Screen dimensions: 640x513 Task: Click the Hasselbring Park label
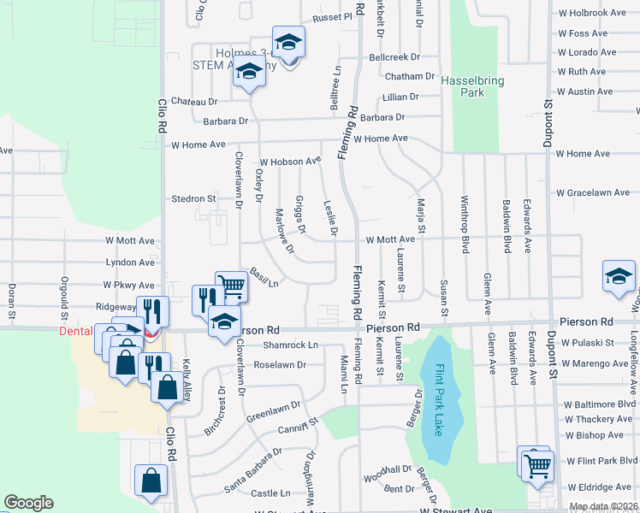tap(472, 86)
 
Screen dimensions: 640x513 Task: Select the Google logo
tap(28, 503)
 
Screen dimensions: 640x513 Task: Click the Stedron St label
tap(193, 198)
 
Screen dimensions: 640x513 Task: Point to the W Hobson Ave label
tap(290, 161)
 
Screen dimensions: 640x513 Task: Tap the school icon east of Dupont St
tap(619, 276)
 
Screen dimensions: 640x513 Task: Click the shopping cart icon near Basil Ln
tap(231, 286)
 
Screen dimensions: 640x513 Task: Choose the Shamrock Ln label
tap(290, 345)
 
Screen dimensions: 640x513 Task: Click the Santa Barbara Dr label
tap(253, 469)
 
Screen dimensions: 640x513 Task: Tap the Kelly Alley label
tap(187, 377)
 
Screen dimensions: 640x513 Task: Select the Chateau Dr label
tap(194, 101)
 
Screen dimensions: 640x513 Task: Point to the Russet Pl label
tap(332, 16)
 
